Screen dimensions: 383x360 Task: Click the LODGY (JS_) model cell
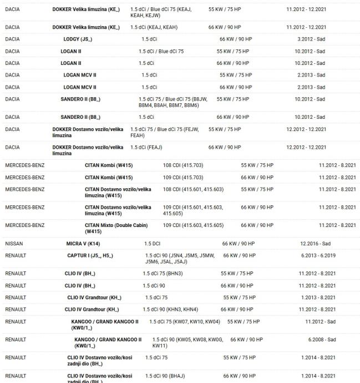coord(78,39)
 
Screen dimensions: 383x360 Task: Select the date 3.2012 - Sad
coord(311,39)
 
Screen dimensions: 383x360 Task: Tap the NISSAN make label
coord(14,244)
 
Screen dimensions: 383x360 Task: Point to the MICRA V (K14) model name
coord(83,244)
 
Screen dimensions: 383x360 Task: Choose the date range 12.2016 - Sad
coord(315,244)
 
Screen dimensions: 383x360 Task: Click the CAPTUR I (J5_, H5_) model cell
coord(90,255)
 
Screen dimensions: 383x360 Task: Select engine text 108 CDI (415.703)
coord(183,165)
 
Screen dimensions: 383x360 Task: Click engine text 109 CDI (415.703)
coord(183,178)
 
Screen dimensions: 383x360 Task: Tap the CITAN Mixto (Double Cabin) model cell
coord(116,228)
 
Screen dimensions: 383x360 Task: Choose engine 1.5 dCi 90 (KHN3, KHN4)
coord(170,309)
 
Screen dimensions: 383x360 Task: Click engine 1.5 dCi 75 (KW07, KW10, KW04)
coord(185,321)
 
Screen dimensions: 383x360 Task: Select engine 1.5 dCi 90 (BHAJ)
coord(165,376)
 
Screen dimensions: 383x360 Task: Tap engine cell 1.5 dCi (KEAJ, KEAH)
coord(154,27)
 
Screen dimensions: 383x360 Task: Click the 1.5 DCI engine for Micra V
coord(153,244)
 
